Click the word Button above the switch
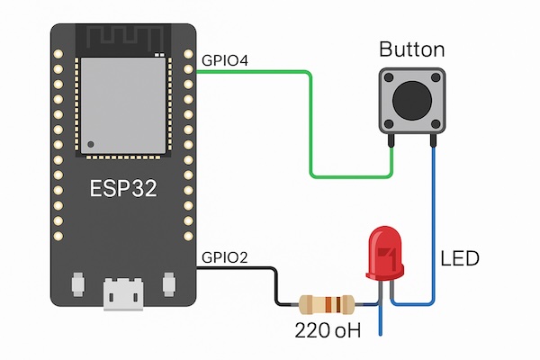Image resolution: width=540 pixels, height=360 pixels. [411, 49]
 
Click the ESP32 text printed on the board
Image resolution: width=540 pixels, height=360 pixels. [122, 190]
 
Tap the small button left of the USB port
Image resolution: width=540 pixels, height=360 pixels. [78, 284]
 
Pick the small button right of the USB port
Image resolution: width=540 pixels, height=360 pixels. [166, 284]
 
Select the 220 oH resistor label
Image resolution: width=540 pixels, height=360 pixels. [328, 331]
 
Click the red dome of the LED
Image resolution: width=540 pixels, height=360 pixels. [385, 253]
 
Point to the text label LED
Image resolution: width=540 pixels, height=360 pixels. [460, 259]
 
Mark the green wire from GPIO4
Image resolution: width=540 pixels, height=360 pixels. [310, 126]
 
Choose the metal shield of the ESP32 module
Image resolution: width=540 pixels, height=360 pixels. [122, 105]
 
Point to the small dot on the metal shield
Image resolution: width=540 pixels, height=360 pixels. [90, 143]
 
